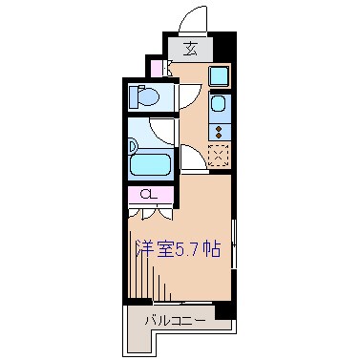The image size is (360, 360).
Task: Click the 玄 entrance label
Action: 191,50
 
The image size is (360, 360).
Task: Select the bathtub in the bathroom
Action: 151,162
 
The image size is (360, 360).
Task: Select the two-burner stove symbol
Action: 220,133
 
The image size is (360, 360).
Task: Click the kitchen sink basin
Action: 220,104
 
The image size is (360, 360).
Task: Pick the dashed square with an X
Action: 220,154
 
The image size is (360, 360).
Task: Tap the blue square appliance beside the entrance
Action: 219,76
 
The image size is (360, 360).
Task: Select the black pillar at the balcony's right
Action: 224,311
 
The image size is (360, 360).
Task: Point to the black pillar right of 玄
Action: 222,46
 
